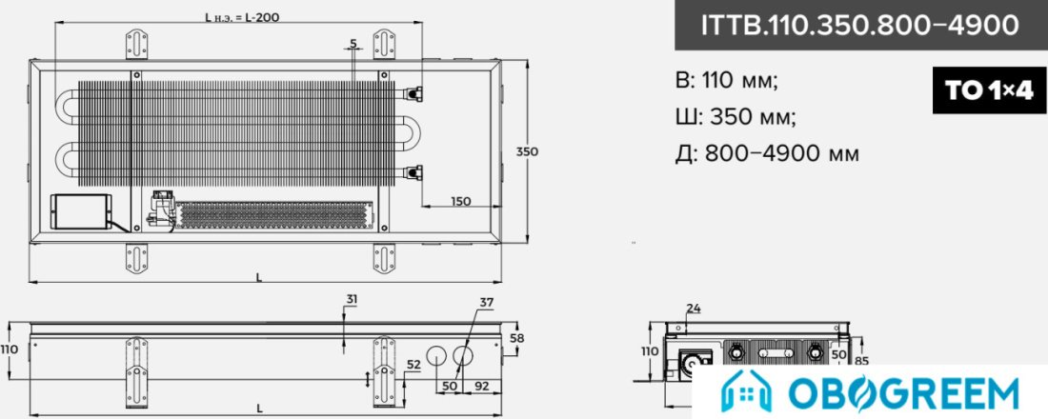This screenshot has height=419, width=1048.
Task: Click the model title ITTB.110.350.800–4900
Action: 858,25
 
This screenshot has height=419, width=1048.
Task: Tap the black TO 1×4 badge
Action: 990,90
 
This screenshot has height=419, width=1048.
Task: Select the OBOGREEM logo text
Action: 903,393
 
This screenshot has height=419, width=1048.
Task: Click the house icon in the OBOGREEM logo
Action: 743,393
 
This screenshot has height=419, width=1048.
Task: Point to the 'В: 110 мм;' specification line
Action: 727,81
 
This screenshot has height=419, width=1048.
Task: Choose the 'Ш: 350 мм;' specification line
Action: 736,117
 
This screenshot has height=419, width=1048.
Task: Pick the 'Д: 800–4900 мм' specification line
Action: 767,153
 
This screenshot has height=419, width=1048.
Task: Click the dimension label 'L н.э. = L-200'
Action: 241,17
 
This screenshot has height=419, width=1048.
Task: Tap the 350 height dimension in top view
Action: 527,151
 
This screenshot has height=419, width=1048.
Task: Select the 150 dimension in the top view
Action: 460,201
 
